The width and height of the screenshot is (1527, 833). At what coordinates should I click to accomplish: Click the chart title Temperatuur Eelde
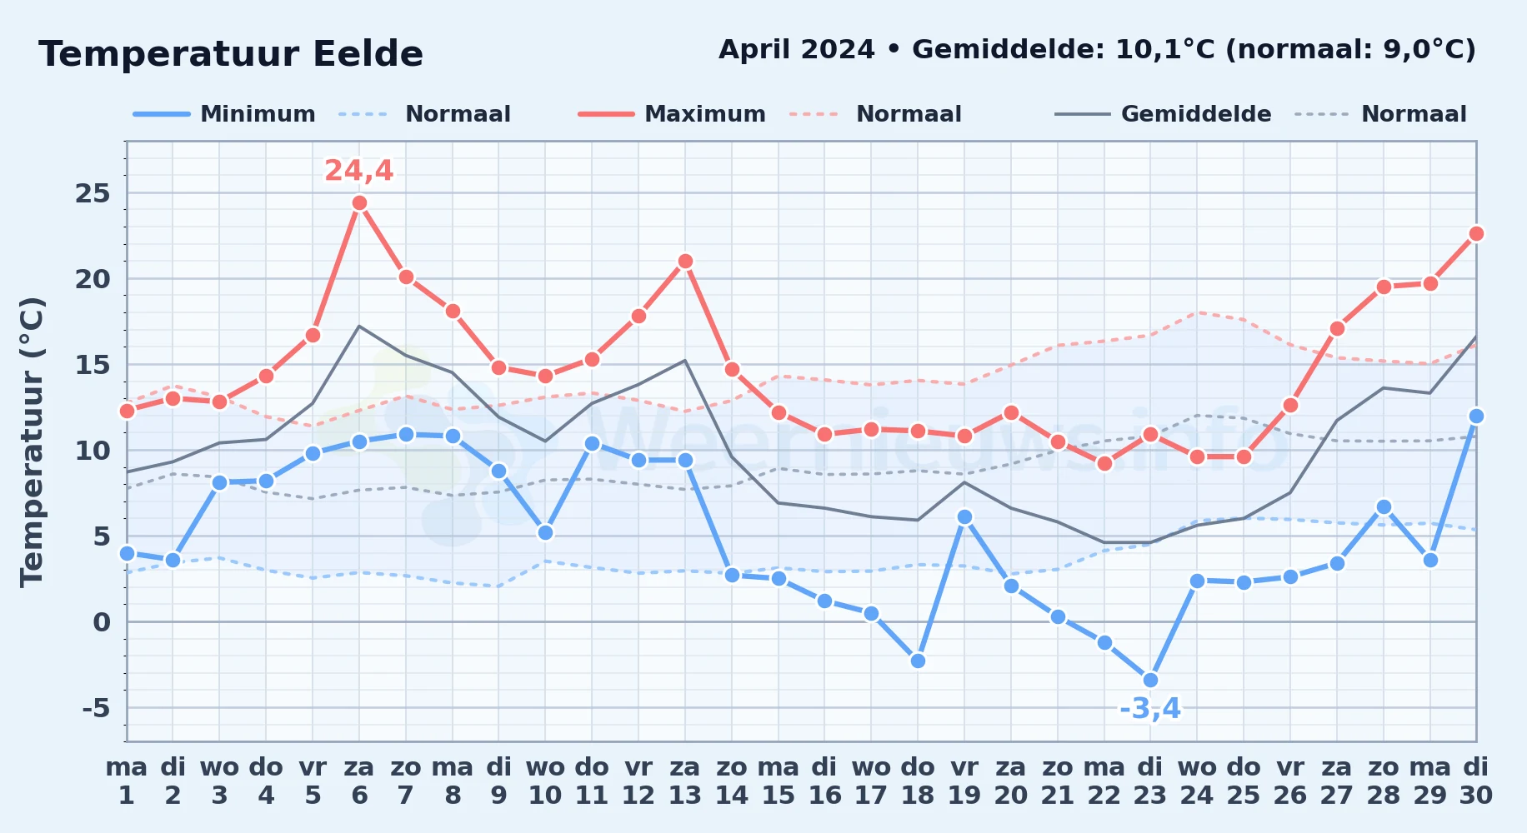click(x=231, y=54)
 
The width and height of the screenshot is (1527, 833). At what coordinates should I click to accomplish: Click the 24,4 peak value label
click(x=358, y=171)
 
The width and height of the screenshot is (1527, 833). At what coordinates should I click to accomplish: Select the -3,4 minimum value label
click(x=1150, y=709)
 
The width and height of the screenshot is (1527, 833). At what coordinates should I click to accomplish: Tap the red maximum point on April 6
click(x=359, y=203)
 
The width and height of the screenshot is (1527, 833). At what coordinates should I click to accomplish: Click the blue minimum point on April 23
click(x=1150, y=681)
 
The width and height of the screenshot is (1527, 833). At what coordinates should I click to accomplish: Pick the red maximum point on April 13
click(x=685, y=262)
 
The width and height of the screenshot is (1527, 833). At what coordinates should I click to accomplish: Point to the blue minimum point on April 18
click(x=918, y=661)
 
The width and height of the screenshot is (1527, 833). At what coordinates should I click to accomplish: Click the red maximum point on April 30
click(x=1476, y=234)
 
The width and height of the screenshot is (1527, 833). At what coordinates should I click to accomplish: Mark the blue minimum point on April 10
click(x=545, y=533)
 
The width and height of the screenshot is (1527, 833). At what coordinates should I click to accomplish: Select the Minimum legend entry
click(x=224, y=114)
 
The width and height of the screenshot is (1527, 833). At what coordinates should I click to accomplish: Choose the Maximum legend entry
click(x=672, y=114)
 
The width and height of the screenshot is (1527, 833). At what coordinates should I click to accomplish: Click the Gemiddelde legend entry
click(x=1163, y=114)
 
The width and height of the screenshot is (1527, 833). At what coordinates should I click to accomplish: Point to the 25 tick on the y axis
click(x=93, y=194)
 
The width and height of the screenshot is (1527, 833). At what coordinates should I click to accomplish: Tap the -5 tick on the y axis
click(x=96, y=708)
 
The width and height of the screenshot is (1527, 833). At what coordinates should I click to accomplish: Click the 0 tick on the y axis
click(x=102, y=622)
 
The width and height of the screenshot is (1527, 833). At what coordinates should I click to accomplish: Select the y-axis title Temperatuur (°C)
click(x=32, y=441)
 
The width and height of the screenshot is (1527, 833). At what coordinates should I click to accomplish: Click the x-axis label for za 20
click(x=1011, y=781)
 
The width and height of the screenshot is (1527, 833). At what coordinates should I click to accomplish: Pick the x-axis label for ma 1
click(x=127, y=781)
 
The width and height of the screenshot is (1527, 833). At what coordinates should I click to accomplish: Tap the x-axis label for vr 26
click(x=1289, y=781)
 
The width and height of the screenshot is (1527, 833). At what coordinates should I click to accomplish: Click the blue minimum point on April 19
click(x=964, y=517)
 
